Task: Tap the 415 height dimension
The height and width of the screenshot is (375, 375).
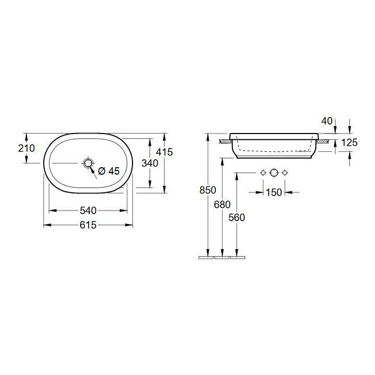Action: tap(166, 152)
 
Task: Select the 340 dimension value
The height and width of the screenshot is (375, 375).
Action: tap(150, 163)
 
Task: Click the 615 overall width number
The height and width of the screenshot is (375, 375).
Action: tap(88, 225)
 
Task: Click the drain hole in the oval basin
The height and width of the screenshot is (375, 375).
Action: tap(88, 162)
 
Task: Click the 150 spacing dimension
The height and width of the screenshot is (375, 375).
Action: tap(273, 193)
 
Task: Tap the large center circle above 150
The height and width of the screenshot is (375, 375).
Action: tap(274, 173)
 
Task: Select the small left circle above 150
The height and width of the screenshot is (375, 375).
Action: tap(262, 173)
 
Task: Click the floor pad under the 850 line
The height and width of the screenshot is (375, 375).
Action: tap(206, 257)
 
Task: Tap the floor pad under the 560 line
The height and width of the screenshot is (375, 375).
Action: tap(237, 257)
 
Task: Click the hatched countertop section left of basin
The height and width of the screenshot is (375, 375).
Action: tap(225, 141)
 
